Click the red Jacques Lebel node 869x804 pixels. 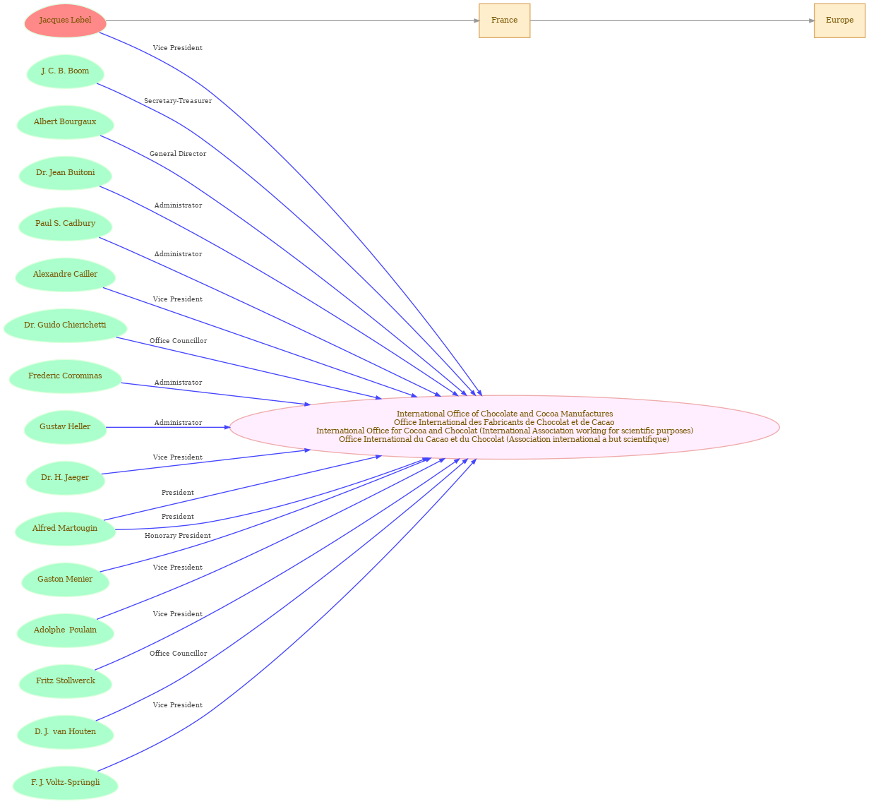(65, 20)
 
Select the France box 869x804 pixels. (504, 20)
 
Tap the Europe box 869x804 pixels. (839, 20)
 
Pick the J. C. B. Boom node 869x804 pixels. (65, 71)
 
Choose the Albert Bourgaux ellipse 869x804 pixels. (65, 122)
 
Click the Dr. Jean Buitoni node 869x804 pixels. (65, 173)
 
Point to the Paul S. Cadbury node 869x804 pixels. (65, 224)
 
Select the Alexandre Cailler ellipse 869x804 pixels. (65, 275)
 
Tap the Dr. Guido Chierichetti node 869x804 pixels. (65, 325)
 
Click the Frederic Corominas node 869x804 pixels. (65, 376)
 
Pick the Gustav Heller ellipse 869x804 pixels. (65, 427)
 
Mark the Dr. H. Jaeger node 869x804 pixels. (65, 477)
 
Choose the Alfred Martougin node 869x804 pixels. (65, 528)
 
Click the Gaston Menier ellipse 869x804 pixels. (65, 579)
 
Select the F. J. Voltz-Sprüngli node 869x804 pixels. (65, 782)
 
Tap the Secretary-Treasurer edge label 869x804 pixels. (178, 101)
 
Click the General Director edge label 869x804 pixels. (178, 154)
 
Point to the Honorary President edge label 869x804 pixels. (178, 535)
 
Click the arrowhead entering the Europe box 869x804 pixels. (811, 20)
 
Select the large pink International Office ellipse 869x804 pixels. (504, 427)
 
